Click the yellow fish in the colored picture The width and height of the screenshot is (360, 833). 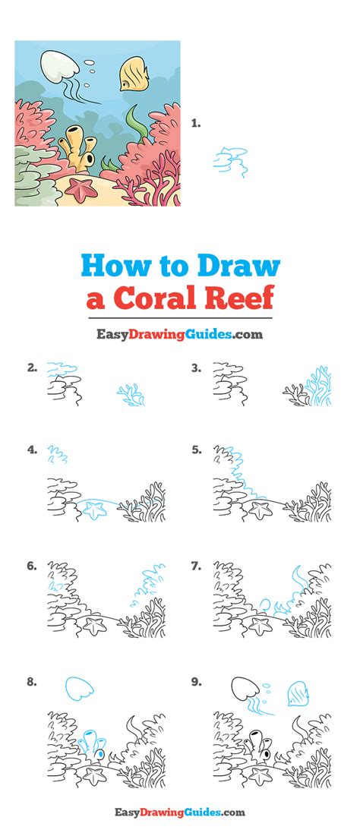pos(134,74)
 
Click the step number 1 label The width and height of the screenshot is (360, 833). pos(196,122)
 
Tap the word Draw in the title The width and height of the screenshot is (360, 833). pos(238,267)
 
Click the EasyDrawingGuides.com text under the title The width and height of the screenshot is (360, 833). pos(179,333)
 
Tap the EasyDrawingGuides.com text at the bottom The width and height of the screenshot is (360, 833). pos(179,813)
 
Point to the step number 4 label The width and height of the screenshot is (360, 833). pos(32,450)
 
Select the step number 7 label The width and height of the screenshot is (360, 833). pos(196,566)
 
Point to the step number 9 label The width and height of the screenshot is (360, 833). pos(196,682)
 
